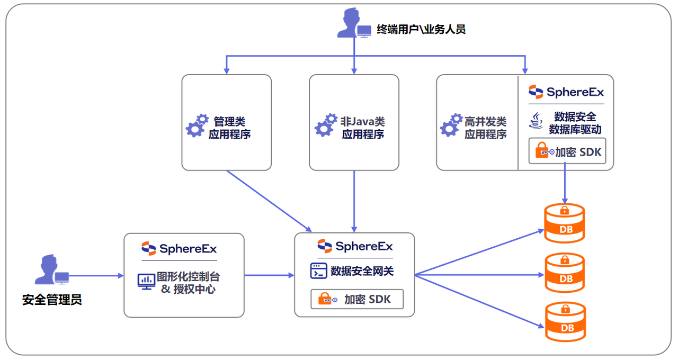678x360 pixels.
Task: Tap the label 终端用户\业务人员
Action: point(421,29)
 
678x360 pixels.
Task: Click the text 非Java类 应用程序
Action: point(363,128)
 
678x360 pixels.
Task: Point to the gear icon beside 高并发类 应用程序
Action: point(451,125)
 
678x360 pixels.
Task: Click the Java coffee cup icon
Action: point(536,122)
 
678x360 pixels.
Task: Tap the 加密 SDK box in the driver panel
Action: point(567,151)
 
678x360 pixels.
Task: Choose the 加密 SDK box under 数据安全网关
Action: point(356,299)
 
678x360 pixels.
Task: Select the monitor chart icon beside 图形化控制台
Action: point(146,281)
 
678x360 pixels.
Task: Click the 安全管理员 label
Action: point(52,300)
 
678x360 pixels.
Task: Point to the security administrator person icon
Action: point(49,270)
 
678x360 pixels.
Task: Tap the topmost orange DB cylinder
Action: point(565,223)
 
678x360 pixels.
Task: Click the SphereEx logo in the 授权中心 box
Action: point(179,248)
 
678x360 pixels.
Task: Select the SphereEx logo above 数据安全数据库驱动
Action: point(566,92)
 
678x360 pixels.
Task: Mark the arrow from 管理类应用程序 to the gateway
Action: point(269,201)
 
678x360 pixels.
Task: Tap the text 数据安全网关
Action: point(362,272)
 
